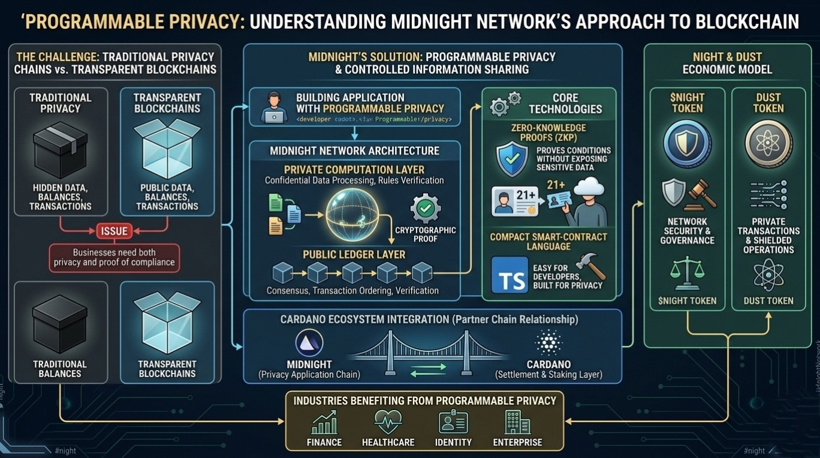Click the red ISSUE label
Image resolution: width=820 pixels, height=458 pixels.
click(x=114, y=231)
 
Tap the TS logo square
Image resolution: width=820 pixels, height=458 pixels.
click(x=510, y=275)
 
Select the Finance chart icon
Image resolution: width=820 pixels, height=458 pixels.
click(x=324, y=423)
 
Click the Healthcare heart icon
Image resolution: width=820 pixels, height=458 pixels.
click(x=388, y=422)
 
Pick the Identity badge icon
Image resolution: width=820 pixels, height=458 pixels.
click(x=453, y=422)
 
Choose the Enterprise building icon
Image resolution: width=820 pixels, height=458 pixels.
click(x=517, y=422)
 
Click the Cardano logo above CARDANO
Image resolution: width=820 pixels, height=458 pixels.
click(x=548, y=342)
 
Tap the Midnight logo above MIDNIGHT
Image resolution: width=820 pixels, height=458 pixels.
click(x=309, y=343)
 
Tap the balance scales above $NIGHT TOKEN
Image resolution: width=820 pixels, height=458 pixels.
click(x=687, y=273)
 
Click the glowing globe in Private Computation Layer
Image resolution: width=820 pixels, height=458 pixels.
click(x=352, y=215)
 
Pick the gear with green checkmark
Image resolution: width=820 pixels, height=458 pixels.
click(x=426, y=209)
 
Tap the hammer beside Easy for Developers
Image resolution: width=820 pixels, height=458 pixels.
click(x=590, y=266)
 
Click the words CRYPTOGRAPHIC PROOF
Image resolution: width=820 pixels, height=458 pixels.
click(x=426, y=234)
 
